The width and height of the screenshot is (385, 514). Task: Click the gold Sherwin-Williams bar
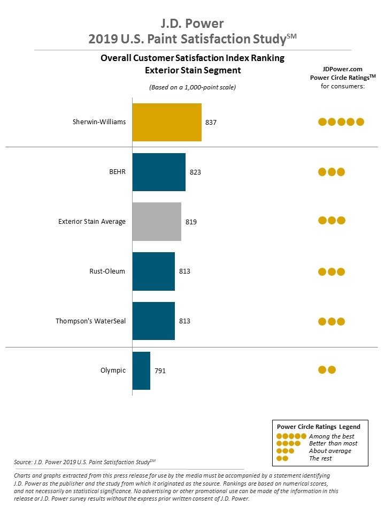[x=167, y=122]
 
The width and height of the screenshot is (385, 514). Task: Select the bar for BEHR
[x=159, y=172]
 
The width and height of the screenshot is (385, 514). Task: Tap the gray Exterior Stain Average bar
[x=157, y=222]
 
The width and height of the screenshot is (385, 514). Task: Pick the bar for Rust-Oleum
[x=153, y=271]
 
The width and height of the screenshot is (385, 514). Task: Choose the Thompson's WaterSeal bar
[x=153, y=321]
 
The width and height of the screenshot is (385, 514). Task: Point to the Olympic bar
[x=141, y=371]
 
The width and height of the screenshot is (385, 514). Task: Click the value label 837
[x=211, y=123]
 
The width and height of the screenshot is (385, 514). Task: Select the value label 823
[x=195, y=172]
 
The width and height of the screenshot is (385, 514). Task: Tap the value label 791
[x=160, y=371]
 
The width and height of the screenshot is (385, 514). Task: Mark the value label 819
[x=191, y=222]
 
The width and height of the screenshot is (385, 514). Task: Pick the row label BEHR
[x=117, y=172]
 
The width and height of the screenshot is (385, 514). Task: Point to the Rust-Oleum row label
[x=108, y=271]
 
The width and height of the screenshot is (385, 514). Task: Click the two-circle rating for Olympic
[x=327, y=369]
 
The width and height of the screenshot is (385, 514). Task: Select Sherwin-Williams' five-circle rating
[x=341, y=122]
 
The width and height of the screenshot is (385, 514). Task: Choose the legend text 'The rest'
[x=320, y=458]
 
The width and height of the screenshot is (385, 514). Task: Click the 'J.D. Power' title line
[x=192, y=24]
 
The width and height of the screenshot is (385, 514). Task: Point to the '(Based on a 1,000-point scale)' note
[x=192, y=87]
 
